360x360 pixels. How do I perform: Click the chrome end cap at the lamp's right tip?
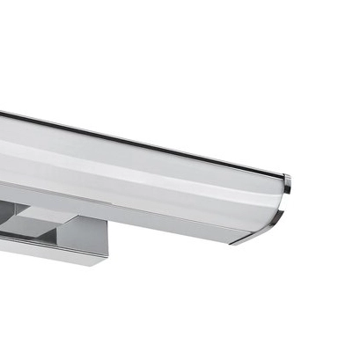point(287,183)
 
